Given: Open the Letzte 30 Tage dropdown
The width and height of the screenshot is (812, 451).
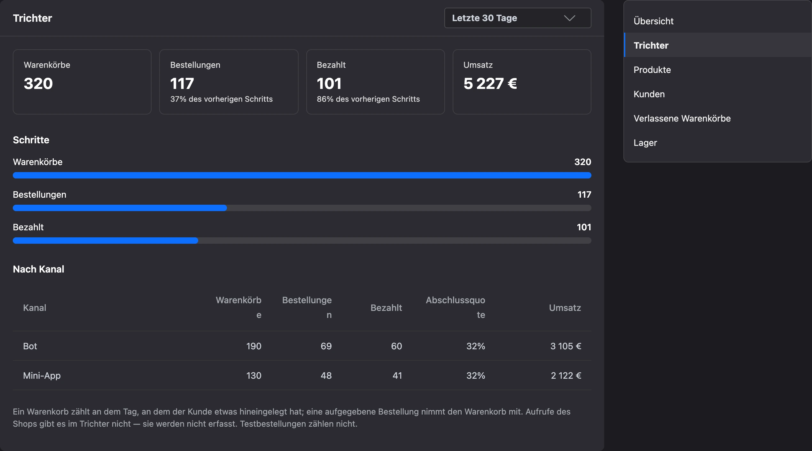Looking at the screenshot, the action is [518, 18].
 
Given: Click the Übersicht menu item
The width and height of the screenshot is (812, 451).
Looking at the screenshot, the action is [653, 21].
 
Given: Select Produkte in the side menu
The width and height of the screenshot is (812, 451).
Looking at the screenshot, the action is [652, 70].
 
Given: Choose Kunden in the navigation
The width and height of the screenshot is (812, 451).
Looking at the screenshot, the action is [649, 94].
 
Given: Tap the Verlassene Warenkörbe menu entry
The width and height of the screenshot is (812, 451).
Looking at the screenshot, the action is [682, 118].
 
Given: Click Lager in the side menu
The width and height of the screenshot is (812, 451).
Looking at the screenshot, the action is [645, 143].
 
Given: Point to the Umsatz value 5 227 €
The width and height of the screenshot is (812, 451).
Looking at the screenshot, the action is [490, 83].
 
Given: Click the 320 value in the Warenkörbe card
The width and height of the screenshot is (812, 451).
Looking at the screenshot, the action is [38, 83].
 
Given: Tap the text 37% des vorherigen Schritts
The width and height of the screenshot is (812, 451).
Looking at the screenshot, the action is [221, 99].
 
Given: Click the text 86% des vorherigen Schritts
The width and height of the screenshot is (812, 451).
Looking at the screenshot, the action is [368, 99].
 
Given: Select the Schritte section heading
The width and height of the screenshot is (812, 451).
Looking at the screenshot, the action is [31, 140].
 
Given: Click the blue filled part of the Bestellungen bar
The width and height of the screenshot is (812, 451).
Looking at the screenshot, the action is [120, 208].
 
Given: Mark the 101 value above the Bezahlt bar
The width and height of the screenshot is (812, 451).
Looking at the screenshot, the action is [584, 227].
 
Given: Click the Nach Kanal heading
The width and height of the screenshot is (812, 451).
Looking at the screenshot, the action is [38, 269].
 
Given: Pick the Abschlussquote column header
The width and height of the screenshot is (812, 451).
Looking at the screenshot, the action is [455, 307].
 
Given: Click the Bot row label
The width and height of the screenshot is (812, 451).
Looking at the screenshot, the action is [30, 346].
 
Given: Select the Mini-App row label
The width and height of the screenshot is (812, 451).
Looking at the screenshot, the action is [42, 376].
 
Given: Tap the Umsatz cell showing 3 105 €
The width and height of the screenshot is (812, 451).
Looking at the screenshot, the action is [566, 346].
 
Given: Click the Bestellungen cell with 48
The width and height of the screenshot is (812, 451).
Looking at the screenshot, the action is [326, 376].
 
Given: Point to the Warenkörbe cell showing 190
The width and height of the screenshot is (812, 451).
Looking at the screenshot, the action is [254, 346].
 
